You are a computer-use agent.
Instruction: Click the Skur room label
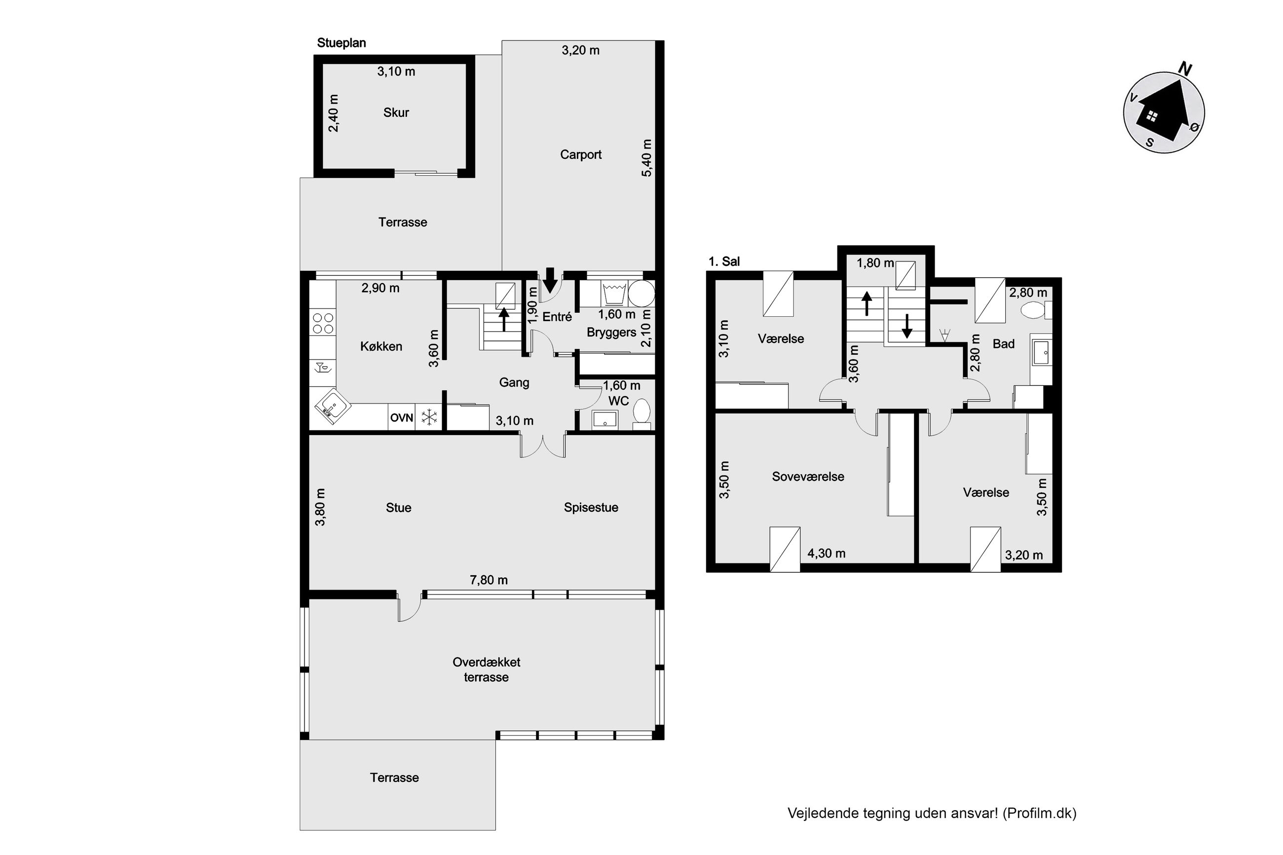(396, 112)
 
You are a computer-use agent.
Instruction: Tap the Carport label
(581, 154)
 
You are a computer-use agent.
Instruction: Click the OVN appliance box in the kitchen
(402, 418)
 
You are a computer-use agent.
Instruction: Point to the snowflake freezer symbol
(430, 418)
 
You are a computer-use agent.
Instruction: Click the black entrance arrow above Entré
(551, 280)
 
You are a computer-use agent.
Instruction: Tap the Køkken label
(381, 346)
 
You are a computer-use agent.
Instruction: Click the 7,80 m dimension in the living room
(489, 580)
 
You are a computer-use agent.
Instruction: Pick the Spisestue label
(591, 508)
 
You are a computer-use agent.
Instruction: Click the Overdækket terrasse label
(487, 669)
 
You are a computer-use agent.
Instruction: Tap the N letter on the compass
(1185, 69)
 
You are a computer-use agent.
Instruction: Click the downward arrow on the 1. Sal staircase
(907, 326)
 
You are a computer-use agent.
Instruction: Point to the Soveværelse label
(808, 477)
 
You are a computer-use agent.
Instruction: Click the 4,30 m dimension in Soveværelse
(827, 554)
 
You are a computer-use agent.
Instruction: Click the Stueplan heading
(341, 43)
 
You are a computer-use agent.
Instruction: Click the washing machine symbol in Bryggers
(614, 294)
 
